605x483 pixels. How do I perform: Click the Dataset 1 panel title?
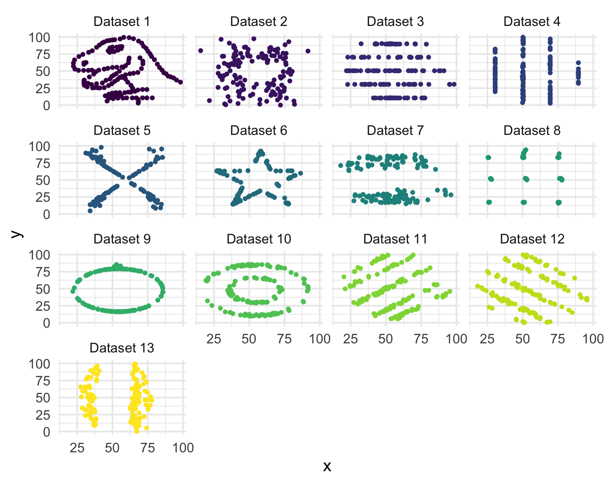pos(122,22)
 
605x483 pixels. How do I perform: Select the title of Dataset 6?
pos(259,131)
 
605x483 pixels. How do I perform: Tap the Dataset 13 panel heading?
pos(122,348)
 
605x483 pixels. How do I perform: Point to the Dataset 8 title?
pos(532,131)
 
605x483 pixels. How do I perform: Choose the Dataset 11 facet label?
pos(395,239)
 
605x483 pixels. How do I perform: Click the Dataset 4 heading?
pos(532,22)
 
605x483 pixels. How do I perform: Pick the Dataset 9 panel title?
pos(122,239)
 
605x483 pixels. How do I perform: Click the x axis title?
pos(327,466)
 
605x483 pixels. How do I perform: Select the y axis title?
pos(16,234)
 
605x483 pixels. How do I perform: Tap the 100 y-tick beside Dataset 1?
pos(39,38)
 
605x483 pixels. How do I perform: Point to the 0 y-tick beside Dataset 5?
pos(46,215)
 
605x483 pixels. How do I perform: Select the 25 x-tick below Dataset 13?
pos(77,448)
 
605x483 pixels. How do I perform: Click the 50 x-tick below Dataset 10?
pos(249,339)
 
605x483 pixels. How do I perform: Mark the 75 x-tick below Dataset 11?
pos(421,339)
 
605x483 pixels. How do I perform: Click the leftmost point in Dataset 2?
pos(200,51)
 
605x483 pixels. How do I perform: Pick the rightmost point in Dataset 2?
pos(308,51)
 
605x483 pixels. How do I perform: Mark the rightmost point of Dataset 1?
pos(180,82)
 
